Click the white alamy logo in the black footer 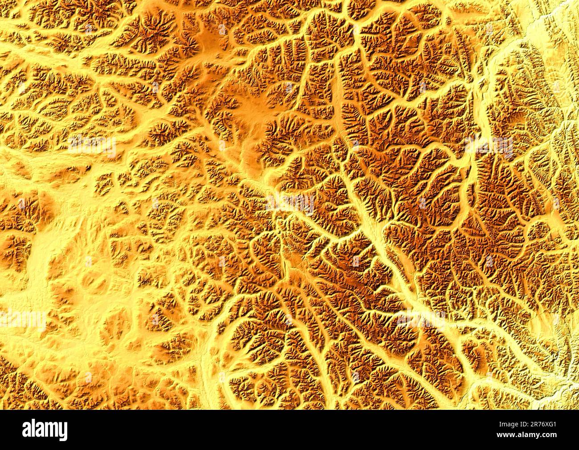point(45,430)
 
